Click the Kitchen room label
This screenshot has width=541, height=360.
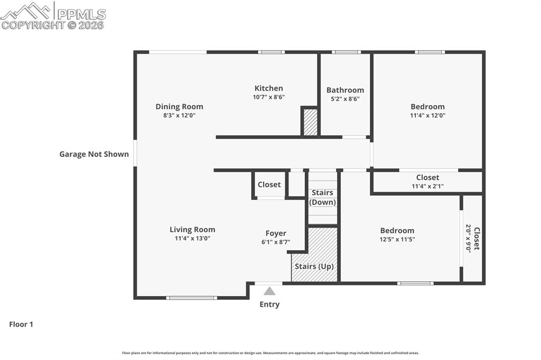pos(268,89)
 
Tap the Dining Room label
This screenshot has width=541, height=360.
pos(179,107)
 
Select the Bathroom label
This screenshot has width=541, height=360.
pos(345,90)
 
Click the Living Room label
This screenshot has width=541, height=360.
pos(192,230)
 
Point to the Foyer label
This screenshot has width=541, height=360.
pos(276,233)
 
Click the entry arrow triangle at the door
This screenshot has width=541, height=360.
pos(269,291)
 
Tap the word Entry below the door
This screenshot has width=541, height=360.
pos(269,305)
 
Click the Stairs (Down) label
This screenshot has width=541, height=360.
pos(322,197)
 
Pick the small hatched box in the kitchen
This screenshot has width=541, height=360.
pos(311,122)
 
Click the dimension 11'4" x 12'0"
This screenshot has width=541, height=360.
pos(427,115)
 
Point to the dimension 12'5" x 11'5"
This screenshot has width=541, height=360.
pos(397,239)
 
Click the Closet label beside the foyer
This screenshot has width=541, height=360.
pos(269,185)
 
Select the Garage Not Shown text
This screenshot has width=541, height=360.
pos(94,154)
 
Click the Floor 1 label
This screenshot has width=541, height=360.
pos(21,325)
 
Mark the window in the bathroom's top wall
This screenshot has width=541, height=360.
pos(346,52)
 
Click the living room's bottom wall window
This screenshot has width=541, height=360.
pos(191,298)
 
